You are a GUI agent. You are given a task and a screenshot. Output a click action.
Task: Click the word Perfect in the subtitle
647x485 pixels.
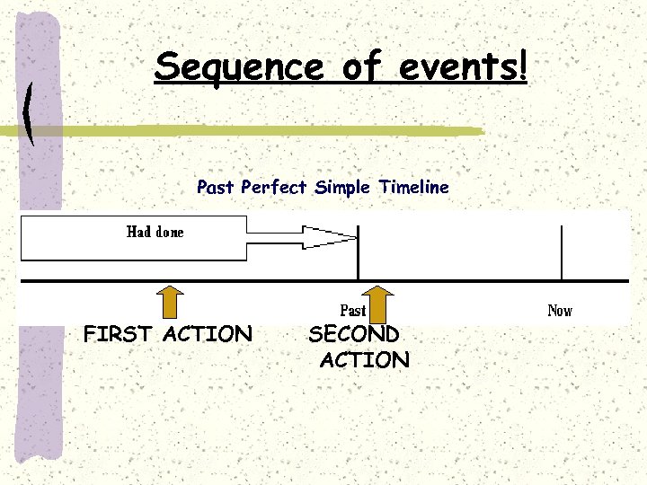(x=274, y=188)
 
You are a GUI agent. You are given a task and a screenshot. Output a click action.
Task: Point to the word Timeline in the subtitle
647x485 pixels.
(x=413, y=188)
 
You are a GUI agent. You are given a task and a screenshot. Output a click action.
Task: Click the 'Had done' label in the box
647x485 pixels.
(x=155, y=232)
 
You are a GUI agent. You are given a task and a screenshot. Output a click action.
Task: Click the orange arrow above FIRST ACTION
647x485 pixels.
(x=172, y=301)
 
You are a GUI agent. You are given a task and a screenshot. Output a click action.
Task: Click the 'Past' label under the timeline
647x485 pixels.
(x=352, y=310)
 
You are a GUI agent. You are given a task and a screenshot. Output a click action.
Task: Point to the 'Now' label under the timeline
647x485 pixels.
(x=560, y=311)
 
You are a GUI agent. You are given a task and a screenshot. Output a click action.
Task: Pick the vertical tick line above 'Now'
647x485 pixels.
(x=562, y=253)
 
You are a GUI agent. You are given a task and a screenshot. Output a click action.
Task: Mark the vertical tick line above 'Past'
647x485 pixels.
(x=359, y=253)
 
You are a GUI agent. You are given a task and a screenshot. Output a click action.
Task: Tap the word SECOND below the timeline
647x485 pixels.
(x=354, y=334)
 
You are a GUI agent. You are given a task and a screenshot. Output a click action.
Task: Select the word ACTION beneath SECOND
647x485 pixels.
(x=364, y=361)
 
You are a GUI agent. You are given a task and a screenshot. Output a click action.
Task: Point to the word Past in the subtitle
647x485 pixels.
(x=216, y=188)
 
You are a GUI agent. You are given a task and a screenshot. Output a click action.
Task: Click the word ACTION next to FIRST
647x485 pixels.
(x=208, y=334)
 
